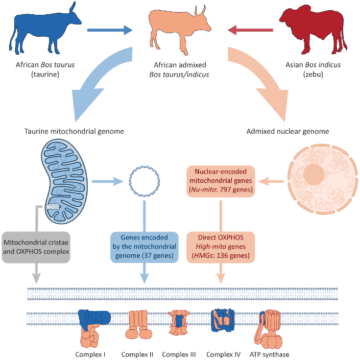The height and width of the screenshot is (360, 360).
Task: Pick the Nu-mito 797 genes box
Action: coord(221,182)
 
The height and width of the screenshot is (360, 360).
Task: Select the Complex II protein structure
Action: coord(137,324)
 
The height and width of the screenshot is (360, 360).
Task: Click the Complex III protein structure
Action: coord(179,324)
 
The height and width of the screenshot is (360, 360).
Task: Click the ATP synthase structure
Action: coord(266,327)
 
